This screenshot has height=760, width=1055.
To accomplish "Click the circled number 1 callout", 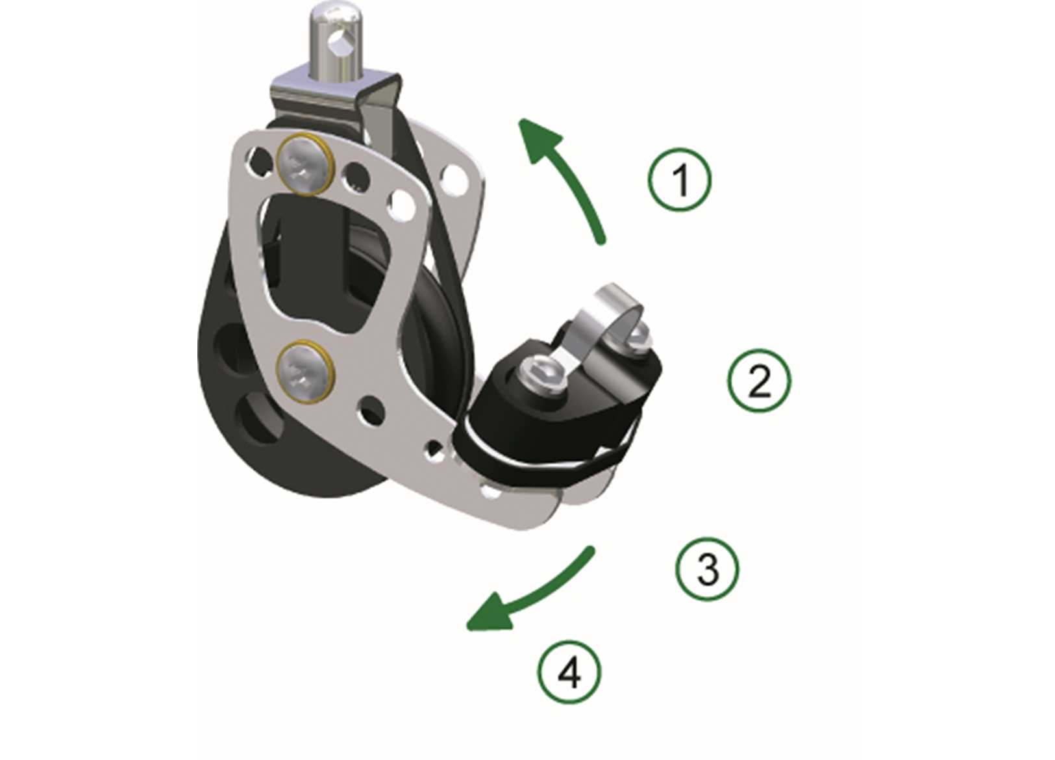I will pyautogui.click(x=680, y=180).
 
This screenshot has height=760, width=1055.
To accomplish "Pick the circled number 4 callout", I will pyautogui.click(x=569, y=673).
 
